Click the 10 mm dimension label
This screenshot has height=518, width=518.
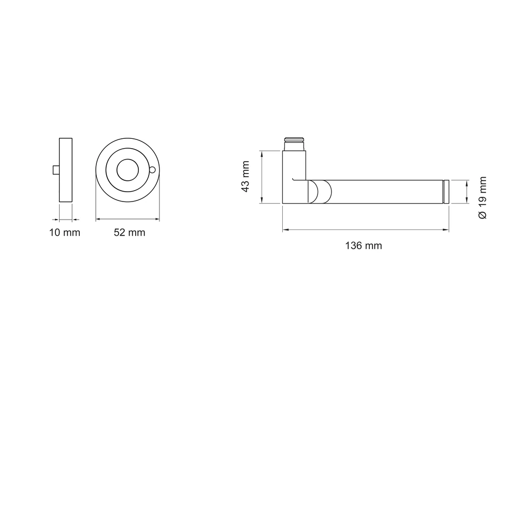point(65,233)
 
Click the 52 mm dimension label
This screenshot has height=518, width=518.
point(129,233)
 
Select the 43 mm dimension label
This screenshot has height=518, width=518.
point(245,177)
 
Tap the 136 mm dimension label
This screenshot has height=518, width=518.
point(364,246)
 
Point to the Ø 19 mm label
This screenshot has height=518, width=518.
point(482,197)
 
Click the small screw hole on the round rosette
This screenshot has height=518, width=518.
point(152,170)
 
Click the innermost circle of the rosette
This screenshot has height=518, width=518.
point(127,170)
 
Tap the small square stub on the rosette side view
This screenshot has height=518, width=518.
point(56,170)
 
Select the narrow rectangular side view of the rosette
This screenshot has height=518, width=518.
point(66,170)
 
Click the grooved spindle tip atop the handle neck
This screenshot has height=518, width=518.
point(294,143)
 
